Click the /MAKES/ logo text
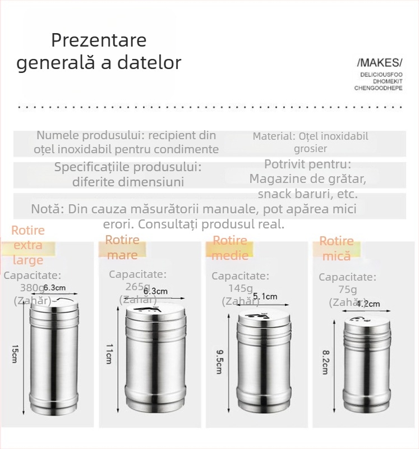coord(379,62)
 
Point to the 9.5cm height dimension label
coord(218,361)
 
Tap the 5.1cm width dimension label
coord(265,296)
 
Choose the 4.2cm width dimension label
coord(369,304)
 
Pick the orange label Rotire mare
coord(122,248)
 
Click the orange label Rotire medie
coord(230,248)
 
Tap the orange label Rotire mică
coord(337,249)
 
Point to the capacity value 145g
coord(240,288)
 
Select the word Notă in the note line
coord(47,209)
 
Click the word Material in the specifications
coord(273,136)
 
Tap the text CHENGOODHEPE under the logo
coord(378,88)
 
